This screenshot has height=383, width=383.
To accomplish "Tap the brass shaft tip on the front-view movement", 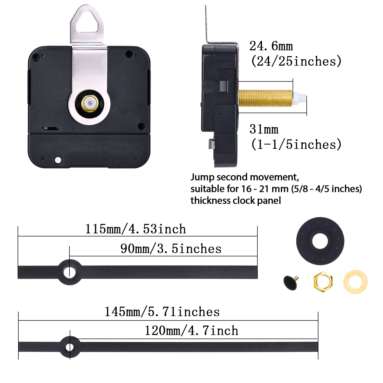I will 89,103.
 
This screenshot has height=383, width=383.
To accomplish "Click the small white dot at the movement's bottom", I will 58,160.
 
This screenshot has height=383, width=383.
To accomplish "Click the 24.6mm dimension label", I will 271,46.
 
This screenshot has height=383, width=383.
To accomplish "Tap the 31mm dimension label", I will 264,129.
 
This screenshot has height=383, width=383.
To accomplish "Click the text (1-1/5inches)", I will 296,145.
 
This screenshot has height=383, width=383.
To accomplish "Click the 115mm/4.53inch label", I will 135,229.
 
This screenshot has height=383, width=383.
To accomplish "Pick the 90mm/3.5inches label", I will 171,249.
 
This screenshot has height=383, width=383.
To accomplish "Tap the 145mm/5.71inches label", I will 162,312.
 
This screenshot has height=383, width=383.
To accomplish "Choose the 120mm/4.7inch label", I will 191,331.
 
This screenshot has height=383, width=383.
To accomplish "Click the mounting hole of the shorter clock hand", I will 69,272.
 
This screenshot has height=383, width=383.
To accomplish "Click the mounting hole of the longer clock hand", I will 69,347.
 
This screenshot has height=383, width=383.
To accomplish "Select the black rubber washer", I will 320,241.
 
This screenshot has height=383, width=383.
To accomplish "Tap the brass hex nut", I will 323,282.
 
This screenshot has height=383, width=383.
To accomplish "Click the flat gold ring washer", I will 355,282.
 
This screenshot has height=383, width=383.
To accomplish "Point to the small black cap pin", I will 291,282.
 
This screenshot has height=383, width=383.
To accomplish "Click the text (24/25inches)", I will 296,61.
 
